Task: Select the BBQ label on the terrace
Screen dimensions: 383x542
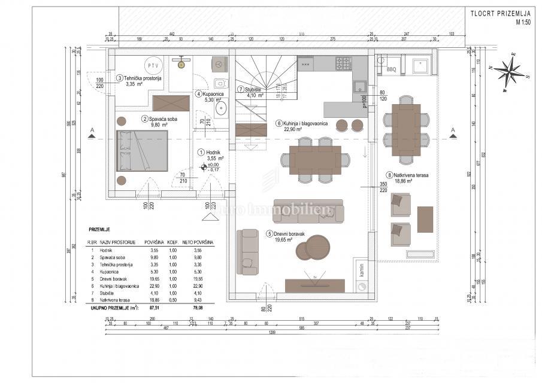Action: [x=391, y=69]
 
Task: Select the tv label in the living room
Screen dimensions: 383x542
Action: [x=315, y=278]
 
